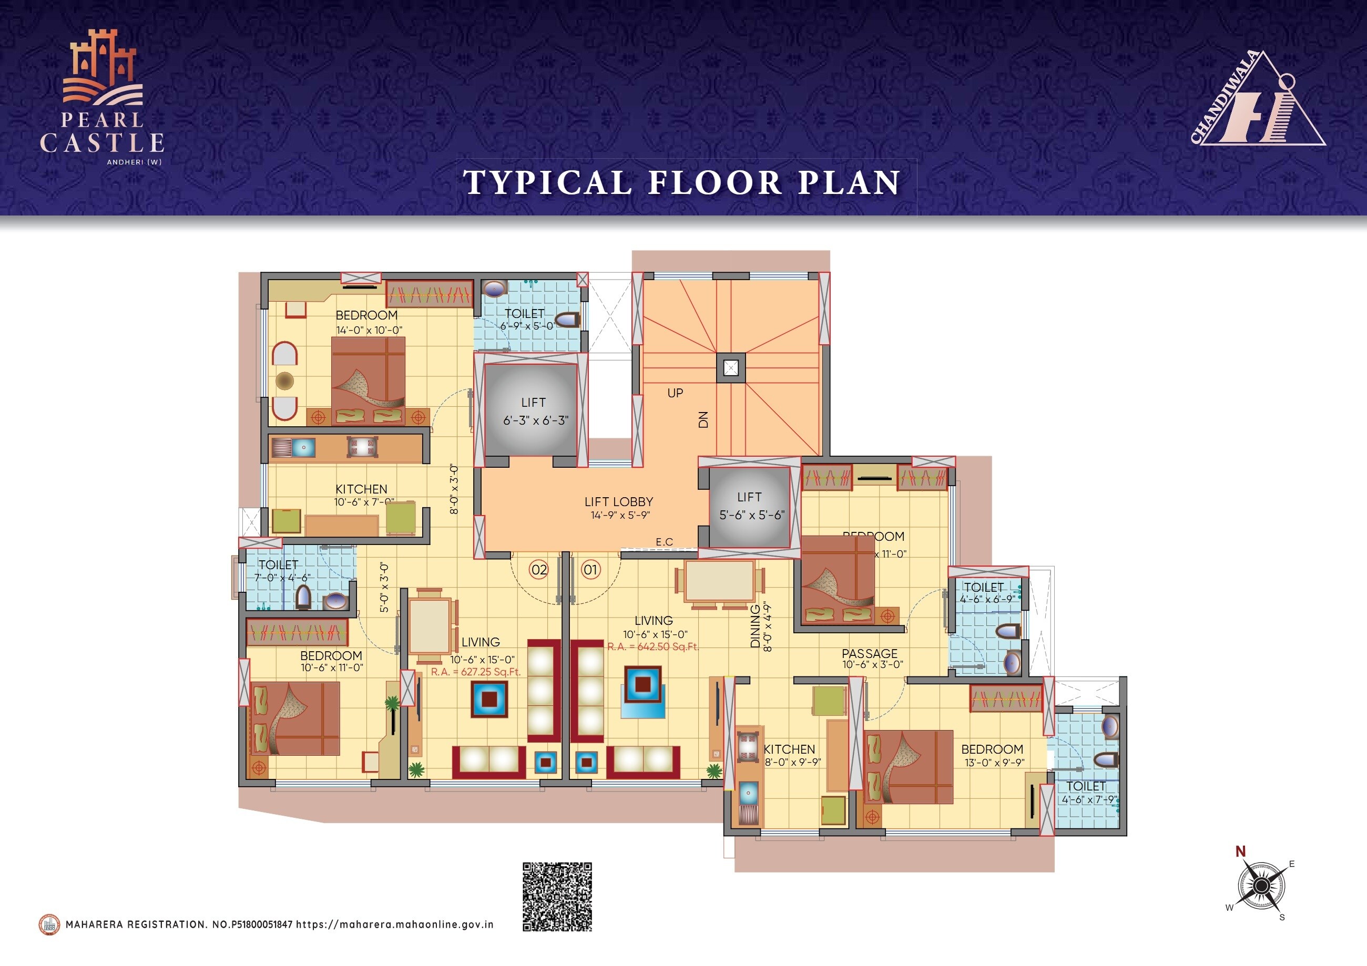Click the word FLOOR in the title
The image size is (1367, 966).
(715, 182)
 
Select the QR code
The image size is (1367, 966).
(557, 897)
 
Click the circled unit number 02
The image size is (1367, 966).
(539, 570)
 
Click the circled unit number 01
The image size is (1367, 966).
(590, 570)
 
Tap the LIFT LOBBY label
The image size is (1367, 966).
(619, 502)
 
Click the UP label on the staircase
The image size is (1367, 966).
(675, 393)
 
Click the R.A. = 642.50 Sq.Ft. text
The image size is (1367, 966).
(652, 646)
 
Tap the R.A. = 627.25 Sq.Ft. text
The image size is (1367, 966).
(476, 672)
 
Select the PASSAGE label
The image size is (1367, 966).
(869, 653)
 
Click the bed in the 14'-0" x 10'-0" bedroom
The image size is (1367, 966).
(368, 381)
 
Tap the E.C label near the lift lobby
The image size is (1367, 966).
(665, 542)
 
